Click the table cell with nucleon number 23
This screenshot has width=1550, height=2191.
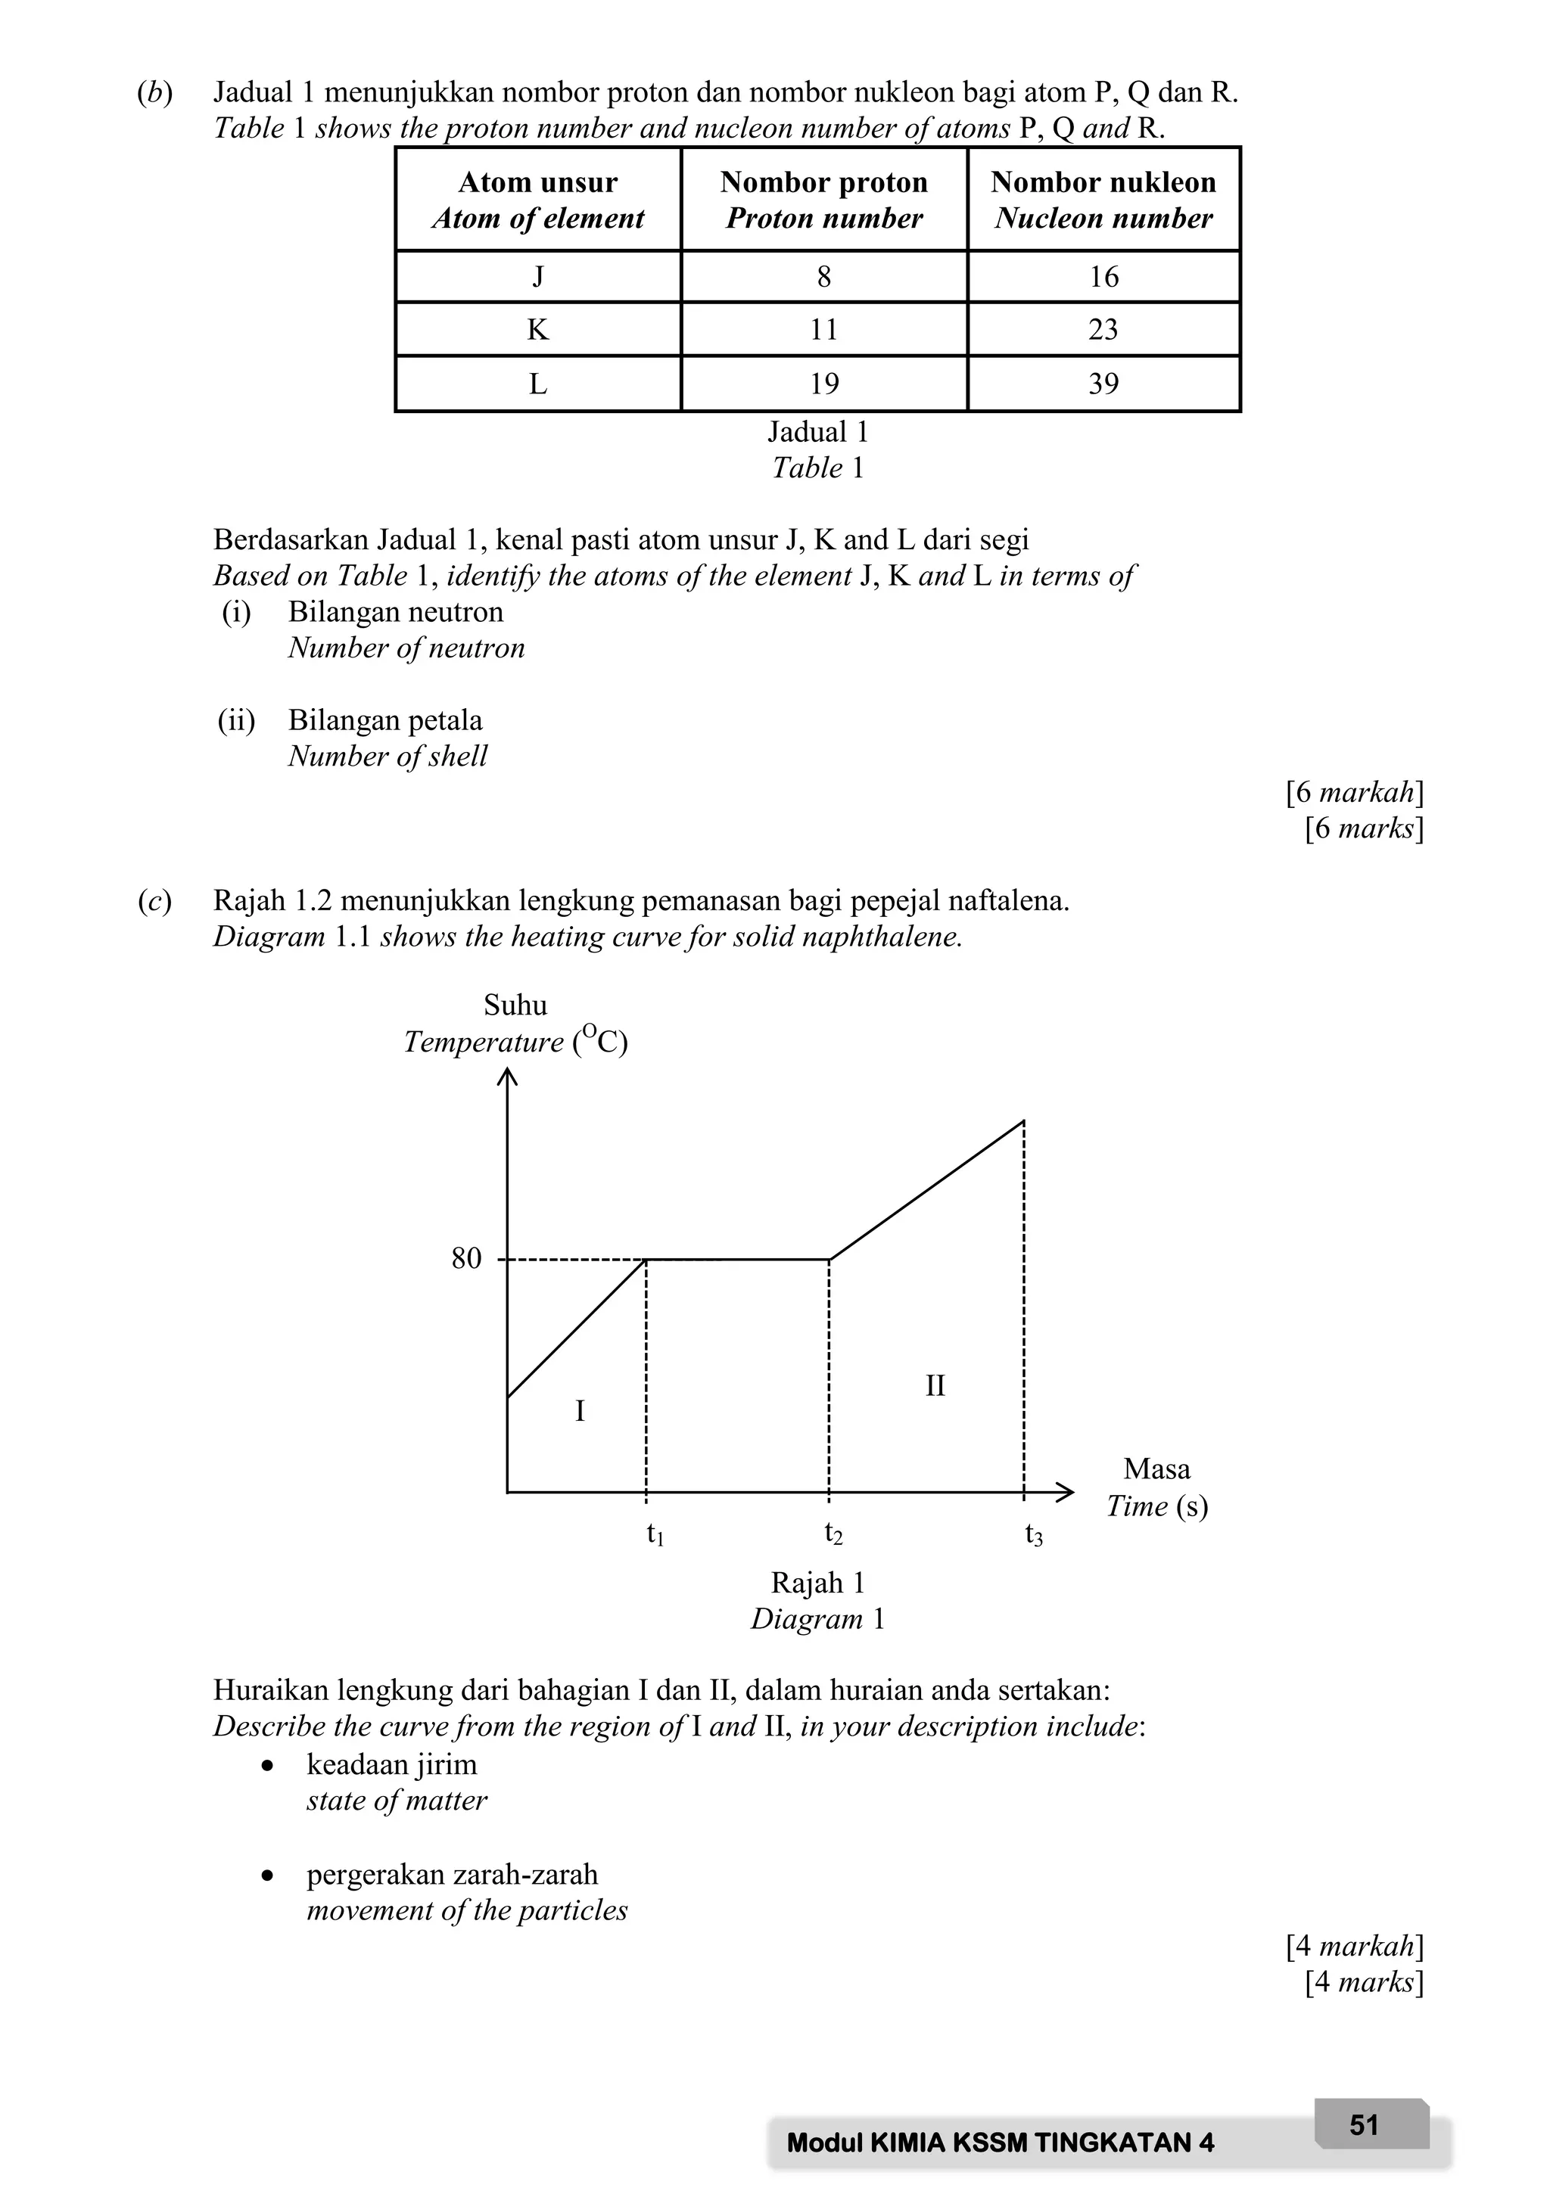pyautogui.click(x=1103, y=329)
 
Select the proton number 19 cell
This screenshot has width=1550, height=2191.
pyautogui.click(x=823, y=384)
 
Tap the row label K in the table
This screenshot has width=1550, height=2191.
pyautogui.click(x=537, y=329)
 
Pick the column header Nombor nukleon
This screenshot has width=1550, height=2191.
pyautogui.click(x=1103, y=182)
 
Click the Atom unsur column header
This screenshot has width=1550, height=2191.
pyautogui.click(x=537, y=182)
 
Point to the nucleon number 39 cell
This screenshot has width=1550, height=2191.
pyautogui.click(x=1103, y=384)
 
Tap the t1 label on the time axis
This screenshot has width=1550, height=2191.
pyautogui.click(x=655, y=1534)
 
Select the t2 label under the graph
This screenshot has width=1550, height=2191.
pyautogui.click(x=833, y=1534)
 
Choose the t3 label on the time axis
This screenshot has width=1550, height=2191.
pyautogui.click(x=1034, y=1535)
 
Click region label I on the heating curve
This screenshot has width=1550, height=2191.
pyautogui.click(x=579, y=1410)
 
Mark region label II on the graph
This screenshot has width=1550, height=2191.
pyautogui.click(x=935, y=1385)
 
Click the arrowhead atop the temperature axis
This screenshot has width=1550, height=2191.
pyautogui.click(x=507, y=1077)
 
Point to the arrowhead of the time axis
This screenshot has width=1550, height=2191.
pyautogui.click(x=1066, y=1491)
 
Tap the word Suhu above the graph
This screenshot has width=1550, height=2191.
pyautogui.click(x=515, y=1005)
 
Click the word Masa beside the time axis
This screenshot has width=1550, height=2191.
pyautogui.click(x=1156, y=1468)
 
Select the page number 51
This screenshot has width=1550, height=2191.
pyautogui.click(x=1364, y=2124)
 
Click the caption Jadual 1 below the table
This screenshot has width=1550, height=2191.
pyautogui.click(x=818, y=432)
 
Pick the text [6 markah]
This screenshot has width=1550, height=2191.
pyautogui.click(x=1354, y=792)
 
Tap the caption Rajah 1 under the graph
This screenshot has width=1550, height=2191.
pyautogui.click(x=818, y=1583)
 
